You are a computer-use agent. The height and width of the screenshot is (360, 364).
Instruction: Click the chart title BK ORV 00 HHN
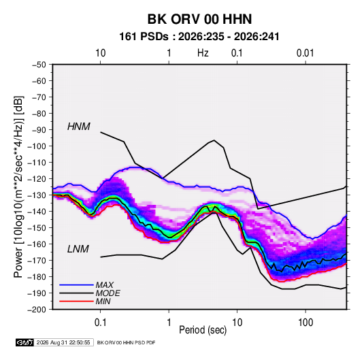pyautogui.click(x=199, y=19)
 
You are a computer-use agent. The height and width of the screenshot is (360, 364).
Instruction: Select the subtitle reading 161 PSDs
pyautogui.click(x=144, y=37)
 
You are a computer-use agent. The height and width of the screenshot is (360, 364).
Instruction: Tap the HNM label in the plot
pyautogui.click(x=79, y=127)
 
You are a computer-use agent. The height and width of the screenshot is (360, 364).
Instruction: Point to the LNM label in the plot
pyautogui.click(x=78, y=249)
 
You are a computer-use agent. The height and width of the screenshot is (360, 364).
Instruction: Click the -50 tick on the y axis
pyautogui.click(x=39, y=65)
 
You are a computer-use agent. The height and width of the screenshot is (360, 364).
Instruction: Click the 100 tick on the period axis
pyautogui.click(x=305, y=323)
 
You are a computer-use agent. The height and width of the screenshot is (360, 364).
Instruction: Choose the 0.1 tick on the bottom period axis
pyautogui.click(x=100, y=323)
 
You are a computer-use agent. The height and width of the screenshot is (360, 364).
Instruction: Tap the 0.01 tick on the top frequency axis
pyautogui.click(x=305, y=53)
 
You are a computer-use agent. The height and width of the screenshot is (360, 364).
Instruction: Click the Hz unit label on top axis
pyautogui.click(x=203, y=53)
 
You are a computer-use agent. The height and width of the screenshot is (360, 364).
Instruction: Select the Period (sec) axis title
pyautogui.click(x=203, y=330)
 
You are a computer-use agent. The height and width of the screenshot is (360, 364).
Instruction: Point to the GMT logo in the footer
pyautogui.click(x=24, y=342)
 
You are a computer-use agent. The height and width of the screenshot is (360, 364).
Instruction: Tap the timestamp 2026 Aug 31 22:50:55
pyautogui.click(x=63, y=342)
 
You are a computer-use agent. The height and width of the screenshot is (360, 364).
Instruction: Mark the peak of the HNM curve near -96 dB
pyautogui.click(x=214, y=140)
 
